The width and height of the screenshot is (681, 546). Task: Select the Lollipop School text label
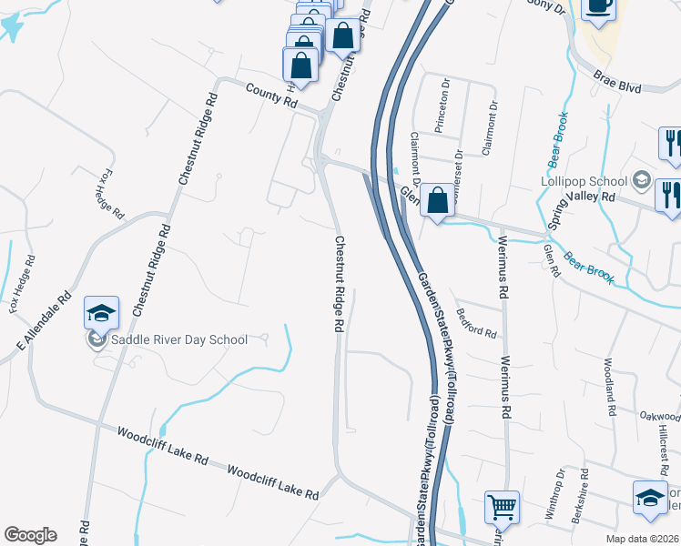[584, 180]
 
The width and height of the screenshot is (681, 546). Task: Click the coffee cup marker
[599, 7]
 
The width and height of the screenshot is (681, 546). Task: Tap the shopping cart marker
[502, 508]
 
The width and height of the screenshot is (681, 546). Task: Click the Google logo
[30, 535]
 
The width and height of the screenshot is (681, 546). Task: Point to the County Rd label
[271, 96]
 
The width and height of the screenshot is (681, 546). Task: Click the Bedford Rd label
[477, 325]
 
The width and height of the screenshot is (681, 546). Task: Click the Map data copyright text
[642, 539]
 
